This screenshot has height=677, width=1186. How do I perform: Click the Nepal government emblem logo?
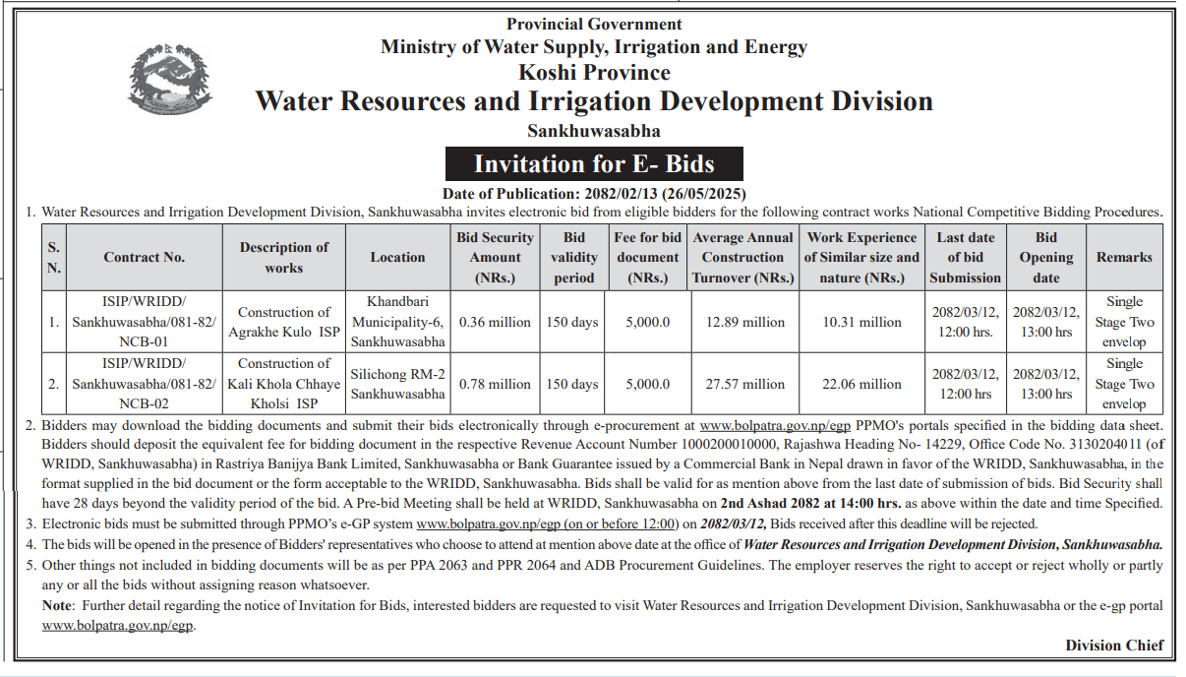point(169,79)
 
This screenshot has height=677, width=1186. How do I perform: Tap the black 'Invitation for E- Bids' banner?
point(594,163)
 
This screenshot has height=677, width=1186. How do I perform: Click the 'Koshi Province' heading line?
point(594,73)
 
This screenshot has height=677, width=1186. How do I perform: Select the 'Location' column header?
point(397,257)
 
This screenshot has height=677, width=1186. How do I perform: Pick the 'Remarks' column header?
point(1124,257)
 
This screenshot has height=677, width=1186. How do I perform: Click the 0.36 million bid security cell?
point(495,322)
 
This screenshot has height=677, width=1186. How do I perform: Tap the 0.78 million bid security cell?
point(495,384)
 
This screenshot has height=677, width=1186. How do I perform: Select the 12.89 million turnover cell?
point(745,322)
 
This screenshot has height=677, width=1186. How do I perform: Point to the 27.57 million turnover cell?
point(745,384)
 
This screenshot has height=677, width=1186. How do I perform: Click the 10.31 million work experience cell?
point(862,322)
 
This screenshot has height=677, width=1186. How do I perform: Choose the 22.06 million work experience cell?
point(862,384)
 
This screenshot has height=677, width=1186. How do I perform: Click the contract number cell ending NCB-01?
point(144,322)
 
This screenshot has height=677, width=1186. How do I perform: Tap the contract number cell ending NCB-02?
point(144,384)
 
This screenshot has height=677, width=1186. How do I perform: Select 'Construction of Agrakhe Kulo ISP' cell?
point(284,322)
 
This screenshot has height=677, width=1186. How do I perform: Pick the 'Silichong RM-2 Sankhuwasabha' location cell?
point(397,384)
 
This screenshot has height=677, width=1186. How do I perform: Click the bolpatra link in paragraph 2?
point(775,426)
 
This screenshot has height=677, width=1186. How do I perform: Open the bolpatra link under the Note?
point(118,626)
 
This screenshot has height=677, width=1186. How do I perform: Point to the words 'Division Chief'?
point(1114,646)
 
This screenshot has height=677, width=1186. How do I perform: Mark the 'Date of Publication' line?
point(594,194)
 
